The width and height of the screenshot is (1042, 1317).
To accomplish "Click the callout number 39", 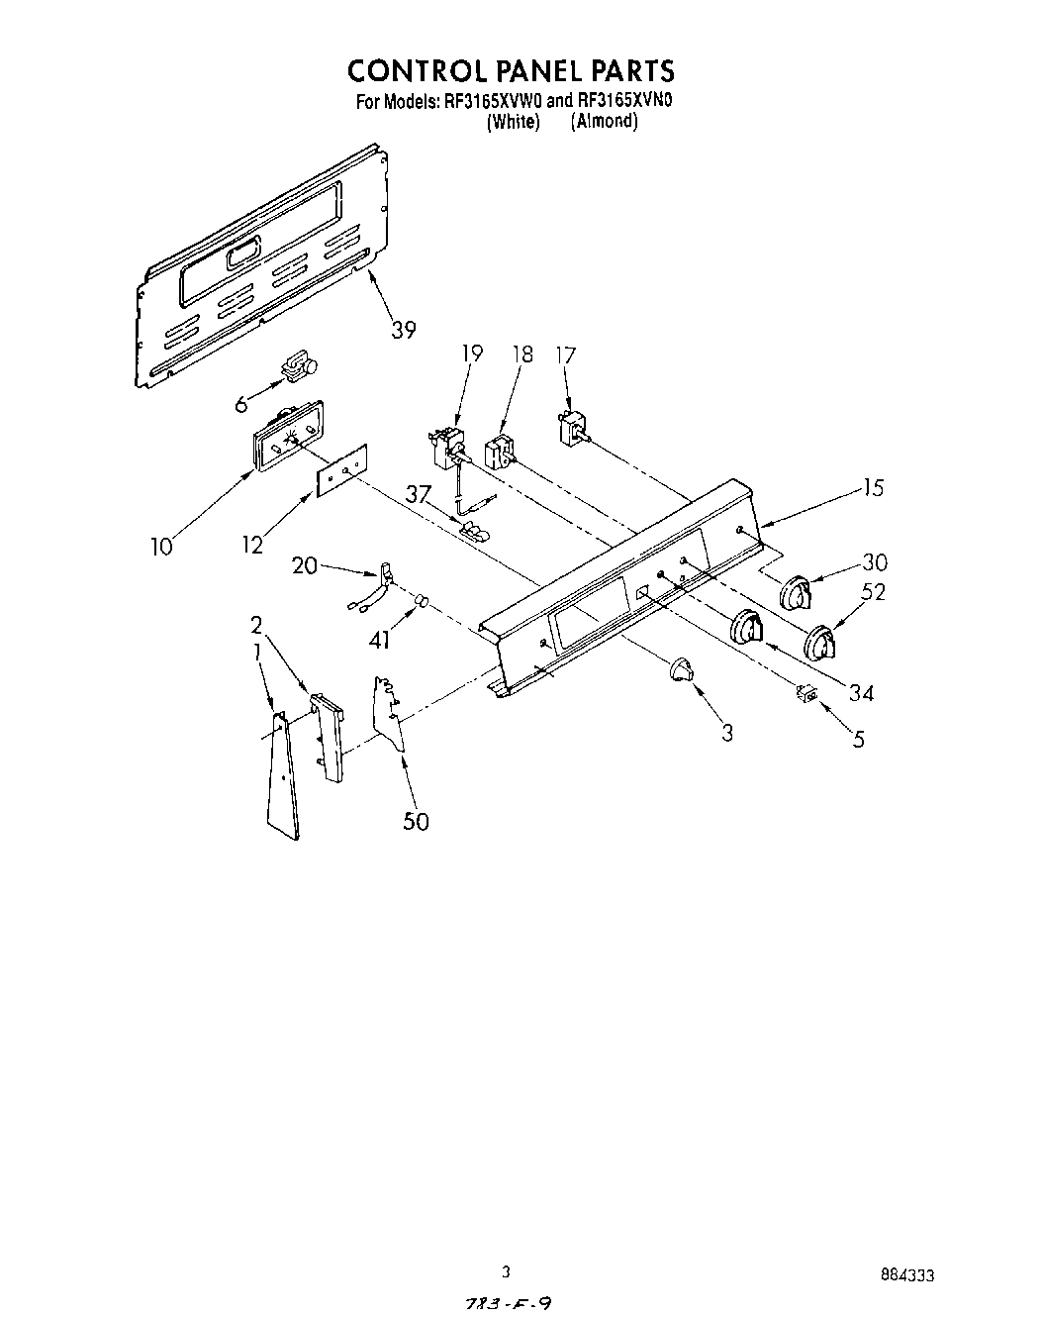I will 403,330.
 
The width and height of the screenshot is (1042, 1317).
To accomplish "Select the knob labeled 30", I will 796,594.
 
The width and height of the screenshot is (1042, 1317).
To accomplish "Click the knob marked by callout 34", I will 747,630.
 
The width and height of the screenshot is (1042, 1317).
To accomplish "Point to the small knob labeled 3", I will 679,669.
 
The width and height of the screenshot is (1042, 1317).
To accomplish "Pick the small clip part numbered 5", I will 805,695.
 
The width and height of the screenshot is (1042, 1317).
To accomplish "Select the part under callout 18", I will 499,453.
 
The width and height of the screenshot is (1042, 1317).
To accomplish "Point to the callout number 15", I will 872,488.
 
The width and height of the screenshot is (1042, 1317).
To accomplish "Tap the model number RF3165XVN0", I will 618,101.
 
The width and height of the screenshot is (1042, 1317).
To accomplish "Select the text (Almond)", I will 604,122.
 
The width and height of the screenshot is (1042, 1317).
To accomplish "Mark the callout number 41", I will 379,641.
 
